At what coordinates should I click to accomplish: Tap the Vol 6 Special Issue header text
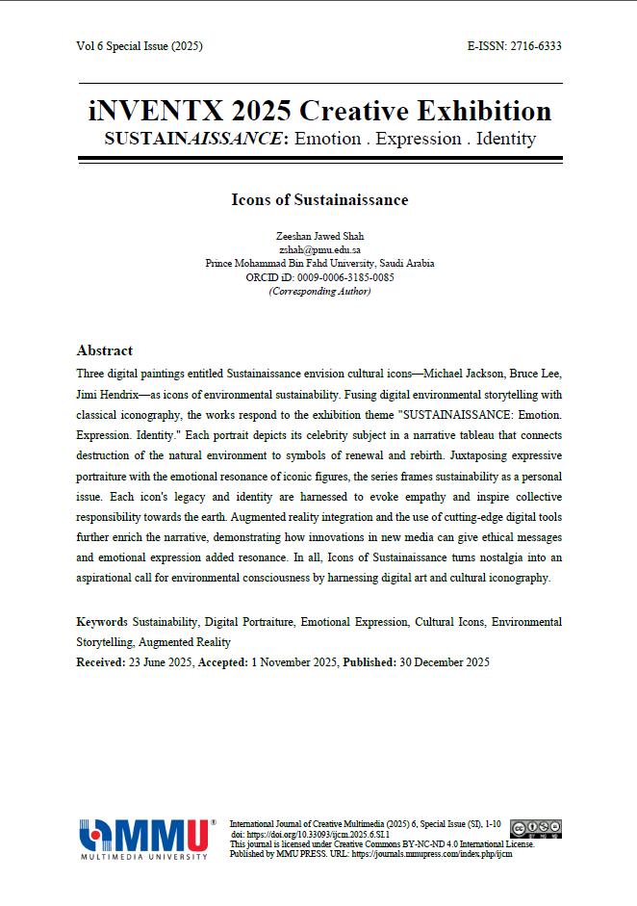click(140, 46)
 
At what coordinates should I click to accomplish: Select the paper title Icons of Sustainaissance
click(319, 200)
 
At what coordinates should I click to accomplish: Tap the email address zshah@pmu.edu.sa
click(319, 249)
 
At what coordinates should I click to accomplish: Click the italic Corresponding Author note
click(319, 291)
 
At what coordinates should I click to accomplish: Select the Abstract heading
click(104, 350)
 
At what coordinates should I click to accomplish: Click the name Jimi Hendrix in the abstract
click(108, 395)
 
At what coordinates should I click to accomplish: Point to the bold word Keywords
click(101, 623)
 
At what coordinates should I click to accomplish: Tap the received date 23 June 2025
click(160, 662)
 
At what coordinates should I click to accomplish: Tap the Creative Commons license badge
click(536, 827)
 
